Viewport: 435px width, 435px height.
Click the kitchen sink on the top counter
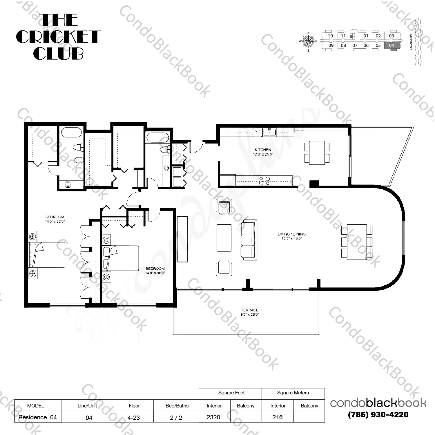(x=269, y=132)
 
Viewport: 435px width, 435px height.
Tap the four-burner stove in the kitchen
(x=264, y=181)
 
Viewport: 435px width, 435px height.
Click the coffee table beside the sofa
(x=224, y=238)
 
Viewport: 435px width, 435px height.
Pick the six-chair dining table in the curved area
(x=357, y=242)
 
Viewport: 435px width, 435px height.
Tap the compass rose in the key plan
(x=308, y=41)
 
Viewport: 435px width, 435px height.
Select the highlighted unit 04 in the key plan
(x=391, y=46)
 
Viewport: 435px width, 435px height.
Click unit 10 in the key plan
(x=330, y=36)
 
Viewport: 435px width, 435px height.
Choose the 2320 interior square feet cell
(x=214, y=417)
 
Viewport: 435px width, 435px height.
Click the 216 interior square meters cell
(x=278, y=417)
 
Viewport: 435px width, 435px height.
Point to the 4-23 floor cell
(x=133, y=418)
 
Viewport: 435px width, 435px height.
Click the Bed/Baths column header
(x=177, y=406)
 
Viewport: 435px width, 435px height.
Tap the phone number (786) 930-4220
(x=378, y=415)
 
